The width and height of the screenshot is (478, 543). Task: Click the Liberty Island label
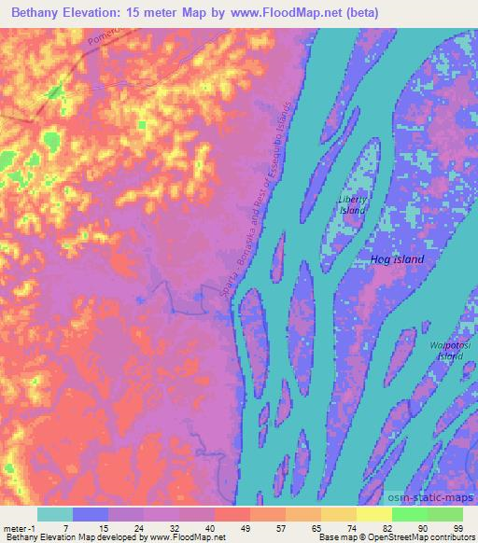[352, 205]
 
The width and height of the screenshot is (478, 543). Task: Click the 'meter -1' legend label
[19, 527]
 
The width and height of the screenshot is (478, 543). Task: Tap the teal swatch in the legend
[55, 514]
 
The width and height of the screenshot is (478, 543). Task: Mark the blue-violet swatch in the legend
[91, 514]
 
